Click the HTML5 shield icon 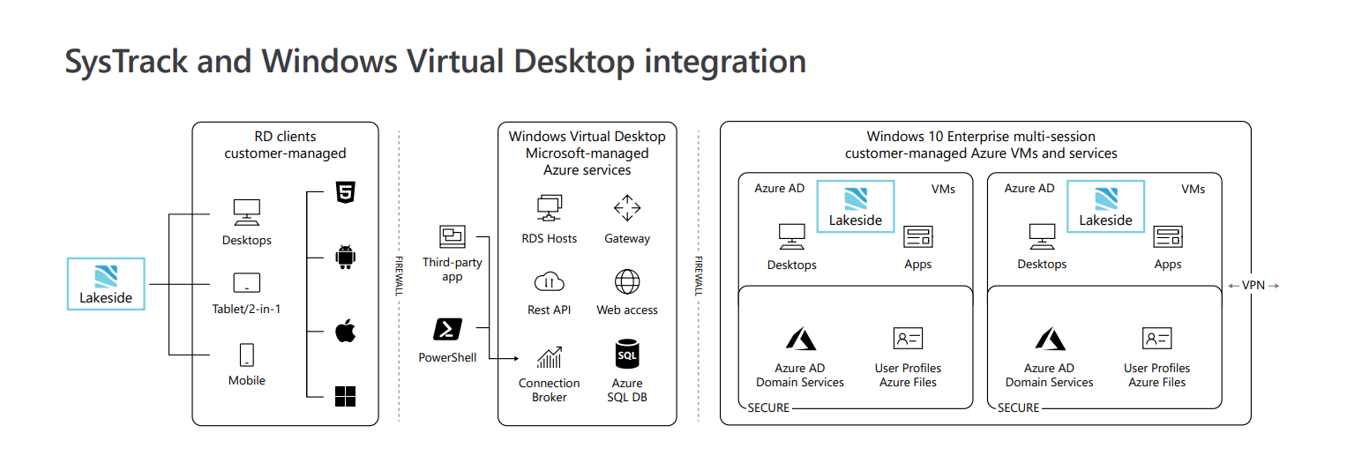click(x=345, y=195)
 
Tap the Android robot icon click(x=345, y=258)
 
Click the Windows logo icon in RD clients click(x=345, y=396)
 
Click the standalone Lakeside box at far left click(x=106, y=284)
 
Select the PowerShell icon click(x=447, y=330)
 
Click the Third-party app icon click(x=453, y=236)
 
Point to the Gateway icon click(x=627, y=209)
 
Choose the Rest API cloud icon click(x=550, y=282)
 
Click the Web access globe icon click(x=627, y=282)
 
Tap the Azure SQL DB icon click(x=626, y=355)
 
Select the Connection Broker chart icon click(x=550, y=357)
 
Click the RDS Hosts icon click(x=550, y=209)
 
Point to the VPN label click(x=1253, y=286)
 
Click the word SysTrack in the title click(x=126, y=62)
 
